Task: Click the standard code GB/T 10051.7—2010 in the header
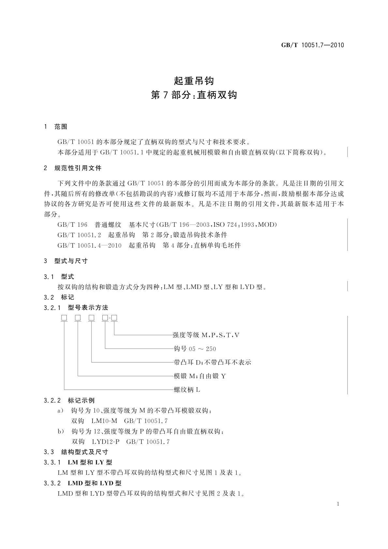point(312,45)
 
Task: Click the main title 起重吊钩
point(194,80)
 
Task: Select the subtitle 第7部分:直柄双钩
point(194,96)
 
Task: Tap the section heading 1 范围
point(56,127)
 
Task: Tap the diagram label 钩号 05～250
point(195,349)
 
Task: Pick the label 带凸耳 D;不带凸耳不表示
point(212,363)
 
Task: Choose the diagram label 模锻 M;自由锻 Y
point(200,376)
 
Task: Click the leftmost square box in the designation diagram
point(64,318)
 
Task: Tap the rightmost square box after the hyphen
point(114,318)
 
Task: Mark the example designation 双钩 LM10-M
point(94,421)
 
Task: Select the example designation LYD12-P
point(106,442)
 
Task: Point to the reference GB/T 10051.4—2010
point(89,245)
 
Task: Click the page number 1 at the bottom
point(338,504)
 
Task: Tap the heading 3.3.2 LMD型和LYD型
point(83,483)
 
